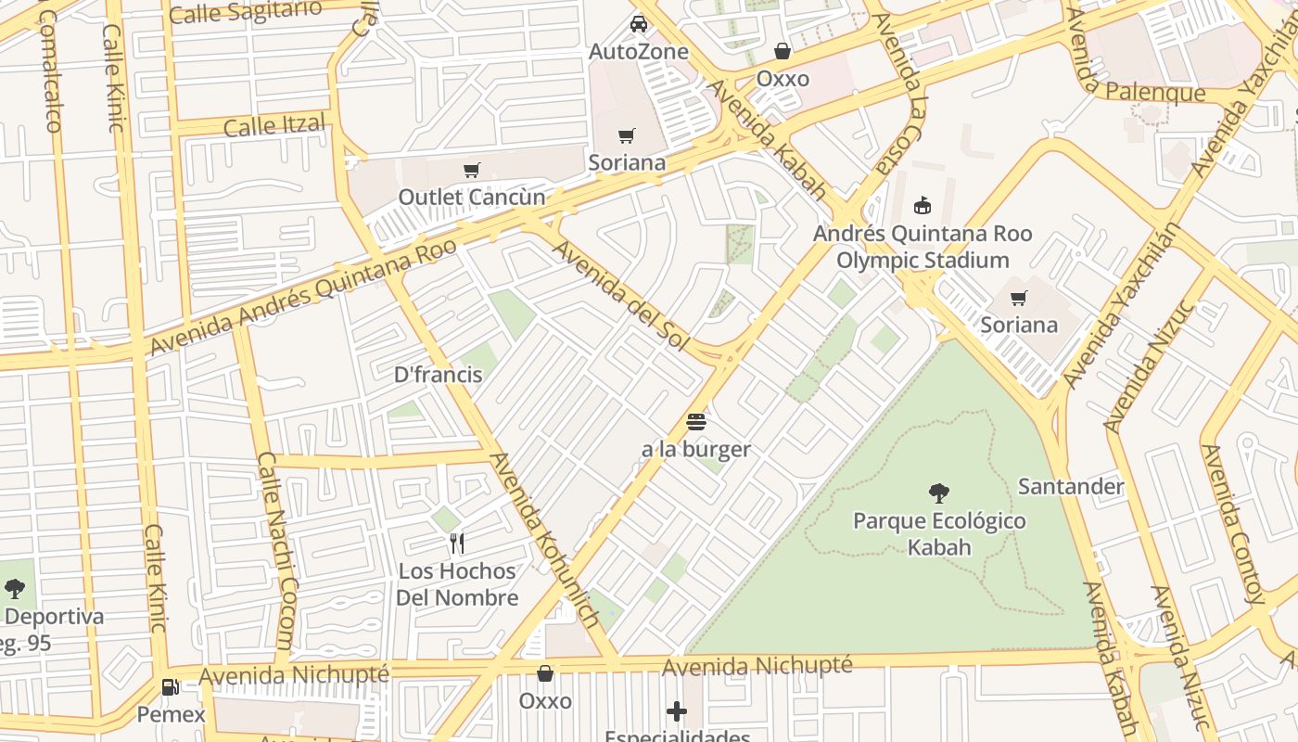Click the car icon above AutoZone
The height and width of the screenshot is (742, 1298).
pyautogui.click(x=639, y=23)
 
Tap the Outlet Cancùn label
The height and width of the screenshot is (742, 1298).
pyautogui.click(x=472, y=197)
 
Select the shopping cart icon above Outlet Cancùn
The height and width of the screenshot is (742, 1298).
pyautogui.click(x=472, y=170)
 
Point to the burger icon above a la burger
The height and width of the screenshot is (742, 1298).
pyautogui.click(x=696, y=423)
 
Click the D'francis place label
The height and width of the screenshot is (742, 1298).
pyautogui.click(x=438, y=375)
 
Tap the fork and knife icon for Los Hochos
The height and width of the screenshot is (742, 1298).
pyautogui.click(x=456, y=544)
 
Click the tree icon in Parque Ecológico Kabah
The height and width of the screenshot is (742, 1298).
pyautogui.click(x=938, y=493)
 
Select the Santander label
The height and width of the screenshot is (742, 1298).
pyautogui.click(x=1070, y=486)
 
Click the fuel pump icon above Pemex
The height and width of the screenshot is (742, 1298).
pyautogui.click(x=171, y=687)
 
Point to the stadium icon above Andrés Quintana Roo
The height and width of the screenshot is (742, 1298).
pyautogui.click(x=922, y=205)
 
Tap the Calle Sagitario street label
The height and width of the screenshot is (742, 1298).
pyautogui.click(x=246, y=12)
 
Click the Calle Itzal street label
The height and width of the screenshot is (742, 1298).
pyautogui.click(x=274, y=125)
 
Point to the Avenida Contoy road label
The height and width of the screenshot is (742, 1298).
pyautogui.click(x=1233, y=524)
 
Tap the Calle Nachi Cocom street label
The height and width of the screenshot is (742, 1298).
pyautogui.click(x=274, y=549)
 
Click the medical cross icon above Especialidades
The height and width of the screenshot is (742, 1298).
pyautogui.click(x=677, y=711)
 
